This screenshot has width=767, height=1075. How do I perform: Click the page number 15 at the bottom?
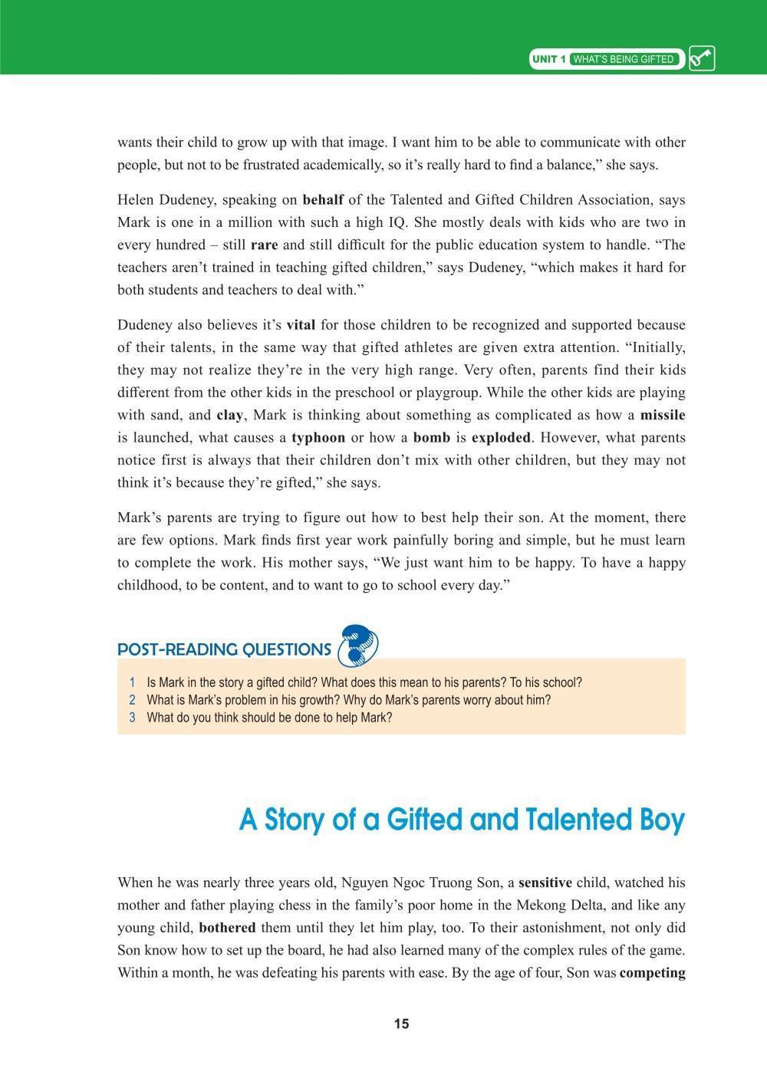pos(401,1024)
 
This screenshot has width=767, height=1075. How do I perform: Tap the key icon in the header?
pos(702,59)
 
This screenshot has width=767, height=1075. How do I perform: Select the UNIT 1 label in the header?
pos(549,60)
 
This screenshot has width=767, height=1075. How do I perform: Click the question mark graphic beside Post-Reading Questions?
pos(358,643)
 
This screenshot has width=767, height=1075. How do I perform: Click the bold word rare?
pos(264,245)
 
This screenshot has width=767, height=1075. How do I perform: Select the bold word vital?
pos(301,324)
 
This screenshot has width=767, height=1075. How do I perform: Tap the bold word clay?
pos(230,415)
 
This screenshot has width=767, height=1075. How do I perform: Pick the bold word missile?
pos(663,415)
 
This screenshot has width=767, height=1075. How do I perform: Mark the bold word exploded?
pos(501,438)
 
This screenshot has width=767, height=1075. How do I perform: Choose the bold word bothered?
pos(227,928)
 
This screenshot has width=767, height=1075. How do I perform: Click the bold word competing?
pos(652,973)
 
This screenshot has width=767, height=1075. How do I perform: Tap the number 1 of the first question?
pos(133,682)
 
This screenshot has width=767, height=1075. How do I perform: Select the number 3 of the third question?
pos(133,718)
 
